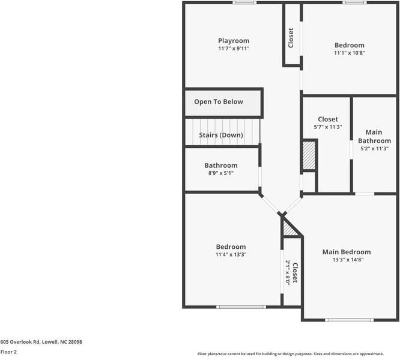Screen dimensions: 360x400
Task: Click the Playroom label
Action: [234, 41]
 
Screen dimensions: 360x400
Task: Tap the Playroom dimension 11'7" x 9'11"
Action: [234, 49]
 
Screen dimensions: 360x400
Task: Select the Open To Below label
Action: [219, 102]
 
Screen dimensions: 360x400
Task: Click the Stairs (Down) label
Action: [221, 135]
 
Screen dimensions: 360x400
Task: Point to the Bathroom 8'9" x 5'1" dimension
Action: [220, 173]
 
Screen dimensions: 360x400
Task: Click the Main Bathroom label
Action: [374, 136]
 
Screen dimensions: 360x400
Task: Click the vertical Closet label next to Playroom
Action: [291, 37]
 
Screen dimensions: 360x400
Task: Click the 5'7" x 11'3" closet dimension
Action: [328, 127]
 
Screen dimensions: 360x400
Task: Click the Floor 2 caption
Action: [8, 352]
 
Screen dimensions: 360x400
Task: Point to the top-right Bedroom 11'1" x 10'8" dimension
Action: [349, 53]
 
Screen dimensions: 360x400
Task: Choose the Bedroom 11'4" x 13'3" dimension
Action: [231, 254]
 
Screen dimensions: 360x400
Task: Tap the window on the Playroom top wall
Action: [245, 2]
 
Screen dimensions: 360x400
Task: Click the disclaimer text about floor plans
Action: [298, 354]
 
